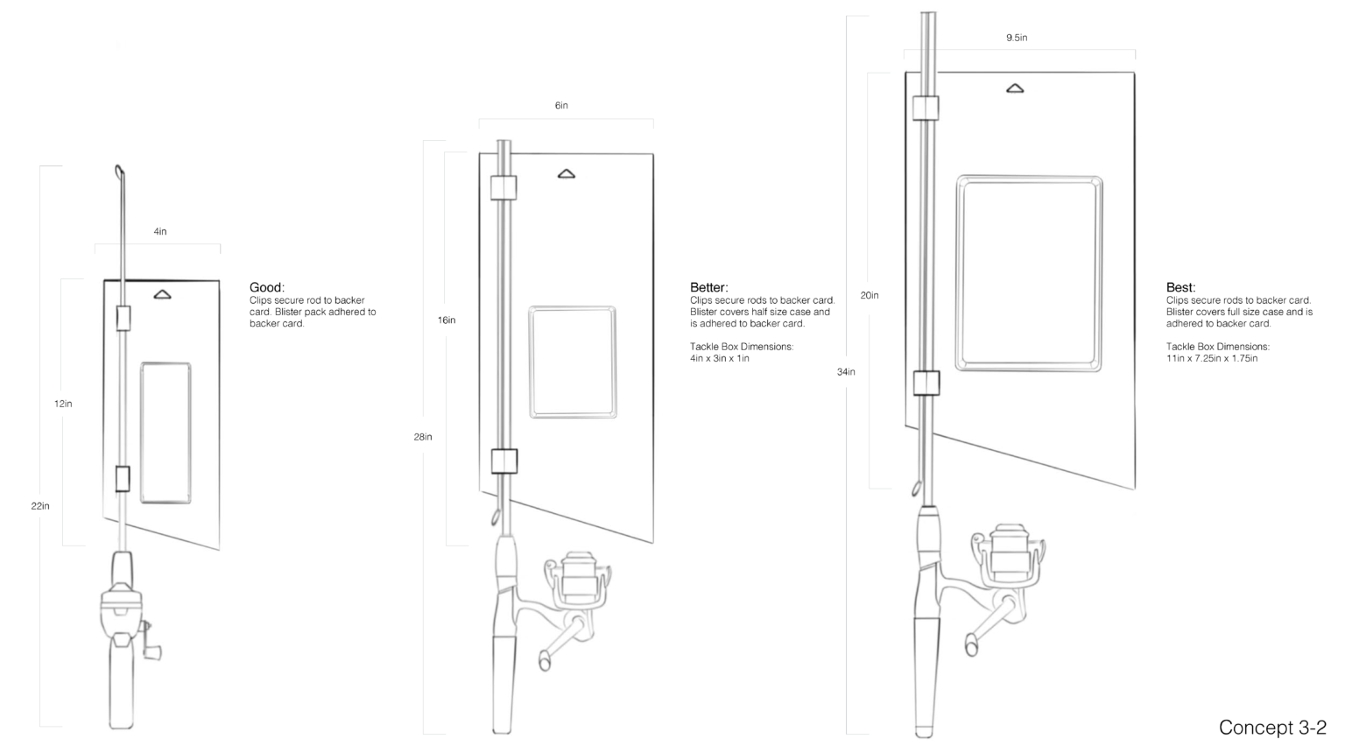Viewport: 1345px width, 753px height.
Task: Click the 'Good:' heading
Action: [266, 287]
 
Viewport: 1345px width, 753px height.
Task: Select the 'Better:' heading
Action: [708, 287]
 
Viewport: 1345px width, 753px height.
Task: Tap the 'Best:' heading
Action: [1180, 287]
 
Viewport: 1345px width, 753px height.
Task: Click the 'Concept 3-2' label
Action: [1272, 728]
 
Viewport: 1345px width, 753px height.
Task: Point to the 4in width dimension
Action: [160, 232]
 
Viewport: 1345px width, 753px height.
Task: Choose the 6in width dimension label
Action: [561, 106]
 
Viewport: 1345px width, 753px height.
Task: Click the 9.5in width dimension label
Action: [1017, 39]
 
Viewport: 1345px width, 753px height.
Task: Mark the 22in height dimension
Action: [40, 506]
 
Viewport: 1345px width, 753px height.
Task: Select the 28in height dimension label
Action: [423, 437]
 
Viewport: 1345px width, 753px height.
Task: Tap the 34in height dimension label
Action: [846, 372]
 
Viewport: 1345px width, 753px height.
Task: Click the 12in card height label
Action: [63, 405]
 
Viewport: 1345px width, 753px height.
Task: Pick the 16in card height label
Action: [447, 320]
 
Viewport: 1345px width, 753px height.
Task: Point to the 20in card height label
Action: [870, 296]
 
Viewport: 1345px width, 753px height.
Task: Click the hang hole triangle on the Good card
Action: [162, 295]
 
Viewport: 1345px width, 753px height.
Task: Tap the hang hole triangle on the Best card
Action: [1015, 88]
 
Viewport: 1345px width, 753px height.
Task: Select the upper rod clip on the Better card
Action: [503, 187]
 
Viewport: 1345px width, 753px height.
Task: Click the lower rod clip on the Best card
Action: [926, 383]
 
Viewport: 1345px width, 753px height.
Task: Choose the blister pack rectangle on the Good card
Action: [165, 433]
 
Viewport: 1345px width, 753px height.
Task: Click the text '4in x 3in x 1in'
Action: [720, 358]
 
